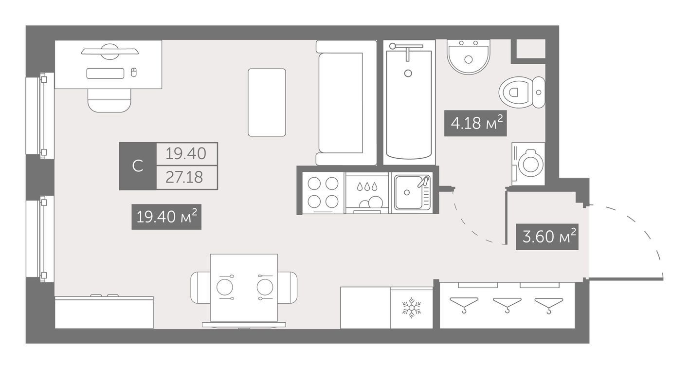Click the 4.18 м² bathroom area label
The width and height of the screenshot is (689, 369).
475,123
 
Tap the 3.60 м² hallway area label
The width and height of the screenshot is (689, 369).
547,237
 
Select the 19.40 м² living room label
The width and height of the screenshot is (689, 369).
166,217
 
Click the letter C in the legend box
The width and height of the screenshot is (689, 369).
138,166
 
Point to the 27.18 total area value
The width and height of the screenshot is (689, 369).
184,177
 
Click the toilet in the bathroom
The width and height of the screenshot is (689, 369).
522,92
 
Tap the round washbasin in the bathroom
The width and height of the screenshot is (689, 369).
469,57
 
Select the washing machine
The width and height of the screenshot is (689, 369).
528,164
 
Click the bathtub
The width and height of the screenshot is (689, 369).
409,103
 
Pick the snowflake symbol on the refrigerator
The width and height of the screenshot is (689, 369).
411,308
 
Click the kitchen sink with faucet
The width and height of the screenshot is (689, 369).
413,193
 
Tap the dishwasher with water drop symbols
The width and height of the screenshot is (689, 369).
367,193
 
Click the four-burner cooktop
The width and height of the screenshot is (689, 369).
323,193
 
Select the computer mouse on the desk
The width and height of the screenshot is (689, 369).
133,73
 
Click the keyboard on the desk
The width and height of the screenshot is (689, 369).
105,73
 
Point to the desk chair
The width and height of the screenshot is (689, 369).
109,100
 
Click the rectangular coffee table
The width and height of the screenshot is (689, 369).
267,103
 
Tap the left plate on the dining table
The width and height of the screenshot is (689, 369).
224,287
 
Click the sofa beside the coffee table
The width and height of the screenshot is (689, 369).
346,103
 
